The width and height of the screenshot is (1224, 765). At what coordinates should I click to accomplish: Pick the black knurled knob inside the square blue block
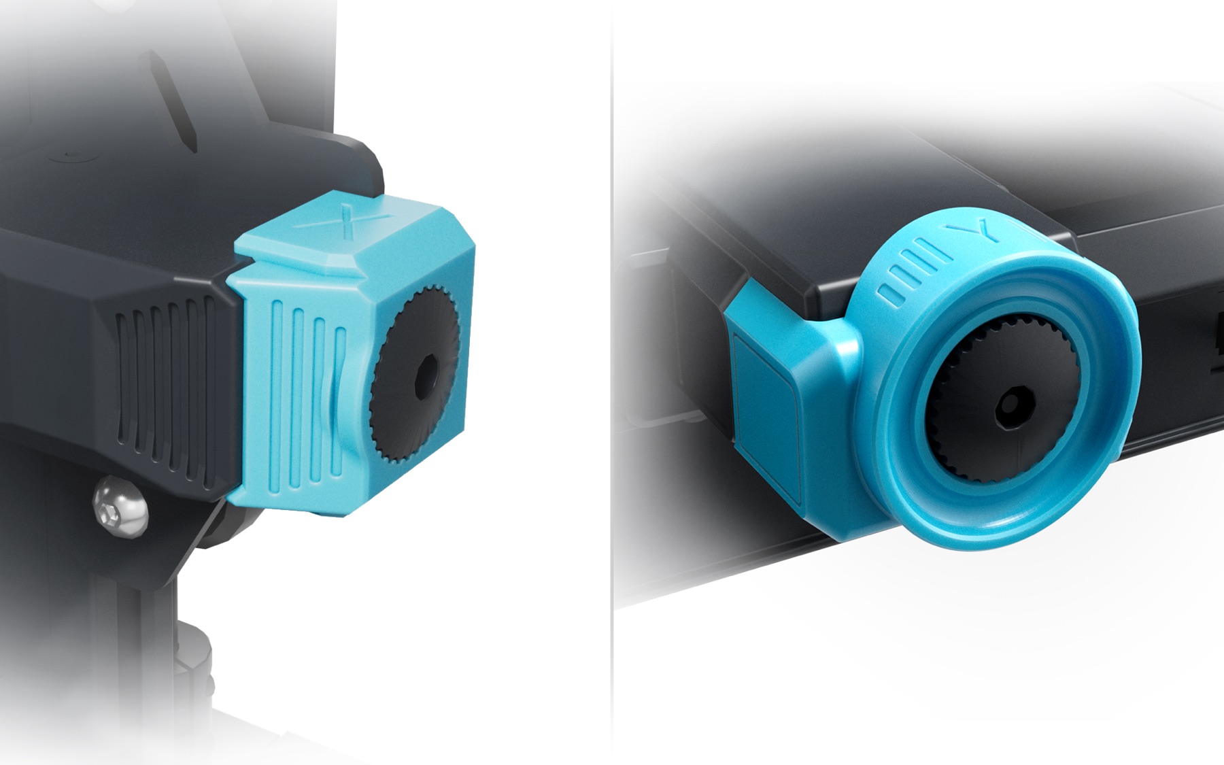(414, 375)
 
